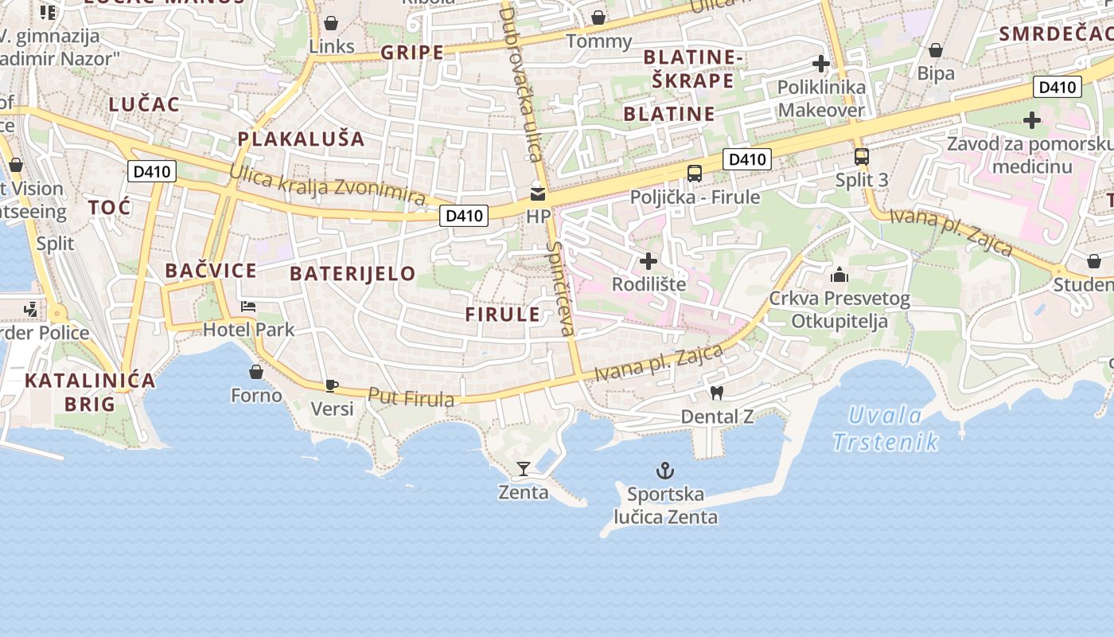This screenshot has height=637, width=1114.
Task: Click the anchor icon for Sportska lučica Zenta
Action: point(664,471)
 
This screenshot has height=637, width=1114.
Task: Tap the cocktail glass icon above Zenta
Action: point(524,468)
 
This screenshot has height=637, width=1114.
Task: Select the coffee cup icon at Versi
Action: point(331,386)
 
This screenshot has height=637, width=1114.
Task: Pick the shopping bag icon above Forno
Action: point(256,372)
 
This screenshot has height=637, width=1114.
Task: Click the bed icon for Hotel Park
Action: point(248,307)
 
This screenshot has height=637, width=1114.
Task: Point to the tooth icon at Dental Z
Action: point(716,393)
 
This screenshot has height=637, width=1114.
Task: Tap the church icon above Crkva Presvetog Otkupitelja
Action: point(839,276)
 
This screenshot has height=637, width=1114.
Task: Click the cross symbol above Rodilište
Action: point(649,260)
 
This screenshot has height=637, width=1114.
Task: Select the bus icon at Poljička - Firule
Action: point(695,173)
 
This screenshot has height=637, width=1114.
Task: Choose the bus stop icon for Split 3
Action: point(861,156)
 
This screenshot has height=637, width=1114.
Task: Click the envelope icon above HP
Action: point(538,193)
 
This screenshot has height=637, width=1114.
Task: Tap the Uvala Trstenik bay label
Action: point(886,428)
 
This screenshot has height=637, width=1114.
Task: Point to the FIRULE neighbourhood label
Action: point(503,314)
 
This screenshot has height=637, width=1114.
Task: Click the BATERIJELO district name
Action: point(353,274)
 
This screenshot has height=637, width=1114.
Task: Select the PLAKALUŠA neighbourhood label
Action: point(301,139)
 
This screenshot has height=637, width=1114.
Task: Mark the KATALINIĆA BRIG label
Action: point(90,392)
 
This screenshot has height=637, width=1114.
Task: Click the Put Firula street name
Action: point(411,397)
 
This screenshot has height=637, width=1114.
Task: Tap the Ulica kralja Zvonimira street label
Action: point(327,185)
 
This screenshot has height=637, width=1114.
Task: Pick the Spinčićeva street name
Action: point(560,287)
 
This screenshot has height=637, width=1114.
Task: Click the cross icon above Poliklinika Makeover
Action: point(821,64)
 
